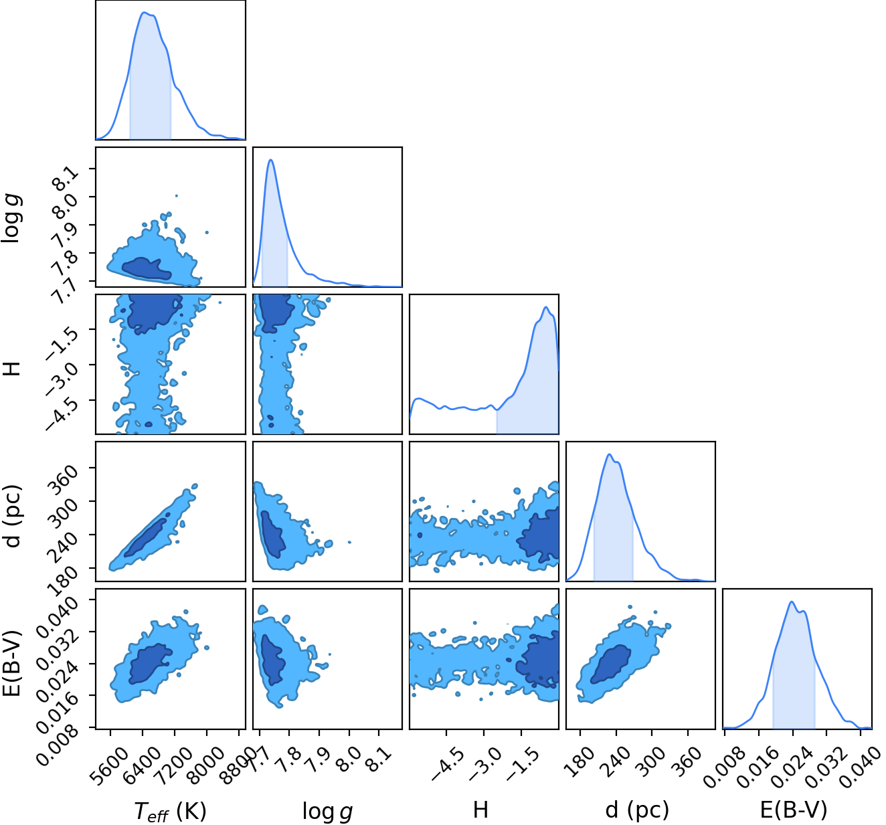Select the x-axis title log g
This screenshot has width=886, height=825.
(327, 811)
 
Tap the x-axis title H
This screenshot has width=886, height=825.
(480, 809)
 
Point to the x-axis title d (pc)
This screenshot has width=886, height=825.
(637, 810)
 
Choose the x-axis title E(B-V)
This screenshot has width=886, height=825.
(794, 810)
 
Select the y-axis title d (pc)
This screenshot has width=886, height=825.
(13, 516)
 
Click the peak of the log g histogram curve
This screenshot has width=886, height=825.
(270, 160)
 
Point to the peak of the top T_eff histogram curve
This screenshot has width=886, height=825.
(145, 13)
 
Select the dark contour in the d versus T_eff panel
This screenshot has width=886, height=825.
(147, 535)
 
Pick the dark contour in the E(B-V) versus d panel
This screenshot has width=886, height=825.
(611, 664)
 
